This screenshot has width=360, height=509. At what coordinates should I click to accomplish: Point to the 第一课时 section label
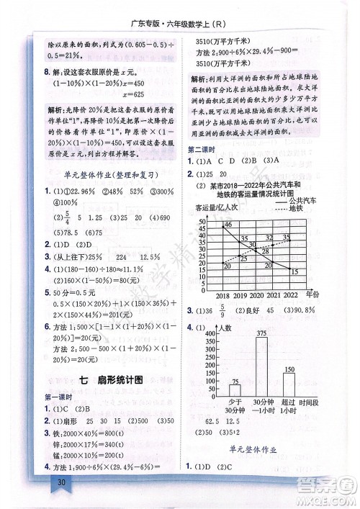pyautogui.click(x=59, y=397)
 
